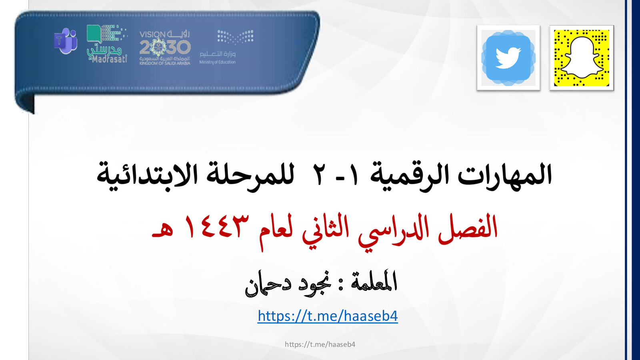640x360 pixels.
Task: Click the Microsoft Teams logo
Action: [x=66, y=41]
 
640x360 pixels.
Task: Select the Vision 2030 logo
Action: [x=165, y=48]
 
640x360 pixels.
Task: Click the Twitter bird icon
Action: [x=508, y=58]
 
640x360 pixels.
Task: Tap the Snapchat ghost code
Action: [x=582, y=58]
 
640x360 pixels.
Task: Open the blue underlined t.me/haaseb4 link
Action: [x=328, y=316]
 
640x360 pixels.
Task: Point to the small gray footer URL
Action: [x=320, y=344]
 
